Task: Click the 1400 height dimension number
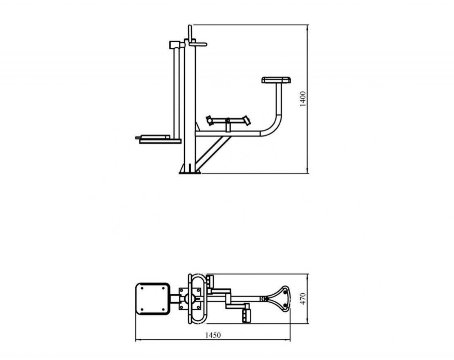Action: point(302,99)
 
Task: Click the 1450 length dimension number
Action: point(213,335)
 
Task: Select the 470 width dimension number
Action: point(302,299)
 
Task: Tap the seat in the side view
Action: point(276,80)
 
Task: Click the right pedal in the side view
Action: point(246,120)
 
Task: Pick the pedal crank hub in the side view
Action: point(228,120)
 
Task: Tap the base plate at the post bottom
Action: point(190,173)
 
